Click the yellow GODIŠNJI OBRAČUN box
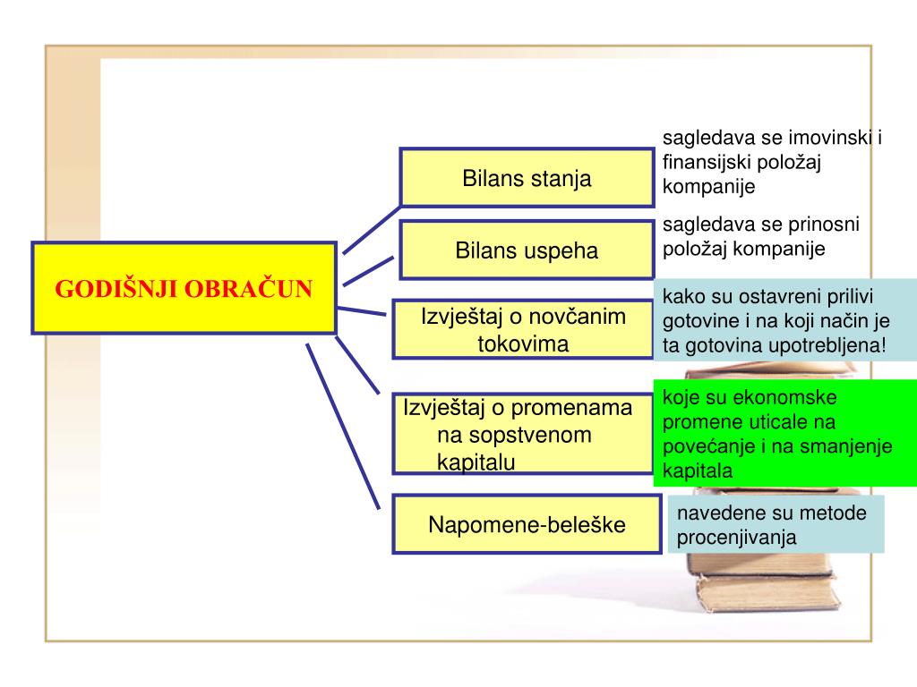[x=184, y=288]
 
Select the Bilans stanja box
[x=527, y=178]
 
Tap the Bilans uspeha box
[x=527, y=250]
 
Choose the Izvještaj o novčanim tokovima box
[x=523, y=329]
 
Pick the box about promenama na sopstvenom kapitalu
[x=523, y=434]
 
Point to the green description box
[x=784, y=433]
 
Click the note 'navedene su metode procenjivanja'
[x=776, y=525]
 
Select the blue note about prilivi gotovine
[x=784, y=320]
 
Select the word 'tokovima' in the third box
[x=523, y=343]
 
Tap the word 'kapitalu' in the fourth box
[x=476, y=462]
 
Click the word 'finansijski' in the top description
[x=704, y=163]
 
